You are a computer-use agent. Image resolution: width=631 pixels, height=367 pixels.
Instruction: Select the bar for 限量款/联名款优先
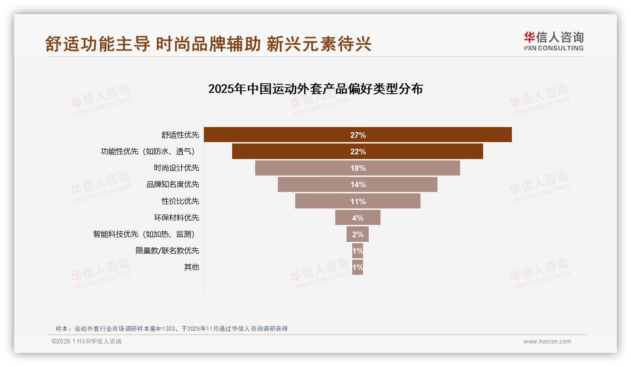[357, 251]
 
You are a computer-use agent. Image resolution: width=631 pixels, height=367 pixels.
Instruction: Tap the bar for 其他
[357, 267]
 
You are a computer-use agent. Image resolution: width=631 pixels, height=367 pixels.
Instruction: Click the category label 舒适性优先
[180, 135]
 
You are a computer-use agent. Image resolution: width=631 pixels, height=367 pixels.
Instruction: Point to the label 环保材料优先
[177, 218]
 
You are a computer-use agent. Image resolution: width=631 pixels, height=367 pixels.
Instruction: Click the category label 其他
[192, 267]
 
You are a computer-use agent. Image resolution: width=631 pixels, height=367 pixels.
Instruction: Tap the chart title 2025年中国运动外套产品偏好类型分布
[315, 89]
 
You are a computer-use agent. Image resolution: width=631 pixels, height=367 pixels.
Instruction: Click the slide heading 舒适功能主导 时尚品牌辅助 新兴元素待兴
[209, 44]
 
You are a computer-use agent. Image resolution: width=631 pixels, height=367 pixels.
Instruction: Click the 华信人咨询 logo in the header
[553, 41]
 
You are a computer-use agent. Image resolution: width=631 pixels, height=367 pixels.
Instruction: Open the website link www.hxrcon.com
[547, 342]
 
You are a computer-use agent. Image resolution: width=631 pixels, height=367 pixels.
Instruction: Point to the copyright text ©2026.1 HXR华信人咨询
[87, 342]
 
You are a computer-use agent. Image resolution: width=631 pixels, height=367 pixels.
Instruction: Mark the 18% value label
[358, 168]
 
